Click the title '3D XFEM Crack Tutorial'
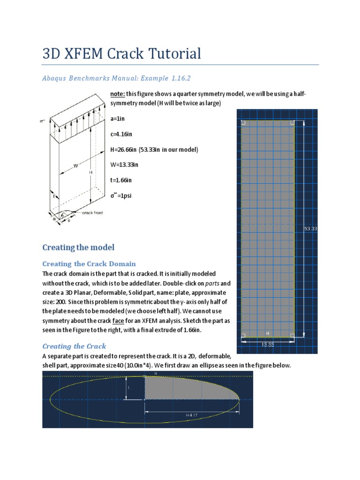(121, 53)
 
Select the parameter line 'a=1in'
(117, 119)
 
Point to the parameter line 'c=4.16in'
(121, 134)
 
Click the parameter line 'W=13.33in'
(124, 165)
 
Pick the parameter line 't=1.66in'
(121, 180)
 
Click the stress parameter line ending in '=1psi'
(121, 195)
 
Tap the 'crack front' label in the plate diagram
(92, 213)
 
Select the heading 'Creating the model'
(78, 247)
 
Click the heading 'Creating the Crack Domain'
(89, 263)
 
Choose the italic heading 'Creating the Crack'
(74, 346)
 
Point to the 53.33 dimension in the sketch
(310, 229)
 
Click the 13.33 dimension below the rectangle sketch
(268, 344)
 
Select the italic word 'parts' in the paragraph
(212, 284)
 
